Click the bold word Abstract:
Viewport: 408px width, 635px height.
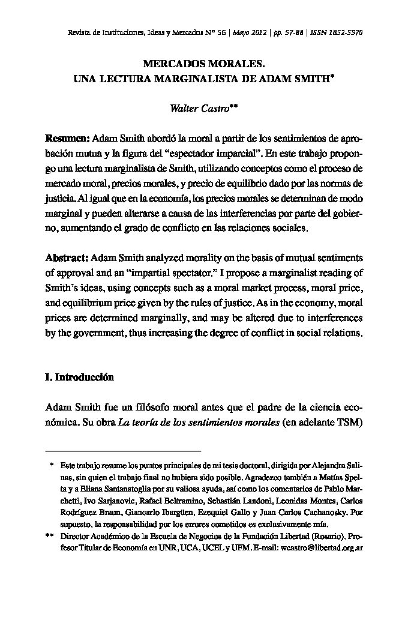(x=67, y=258)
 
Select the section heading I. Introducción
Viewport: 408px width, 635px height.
(x=79, y=378)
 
